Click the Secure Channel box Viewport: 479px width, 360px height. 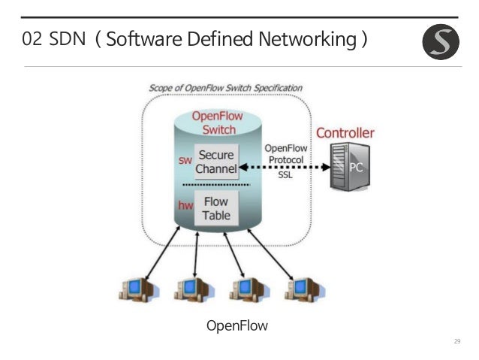pyautogui.click(x=215, y=162)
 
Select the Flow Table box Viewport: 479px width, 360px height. pyautogui.click(x=216, y=208)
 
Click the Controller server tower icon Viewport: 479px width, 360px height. pyautogui.click(x=348, y=167)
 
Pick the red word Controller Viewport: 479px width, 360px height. pyautogui.click(x=345, y=133)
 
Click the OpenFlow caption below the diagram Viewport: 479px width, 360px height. pyautogui.click(x=236, y=325)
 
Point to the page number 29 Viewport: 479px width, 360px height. pyautogui.click(x=457, y=343)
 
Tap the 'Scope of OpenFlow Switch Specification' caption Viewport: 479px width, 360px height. pyautogui.click(x=225, y=87)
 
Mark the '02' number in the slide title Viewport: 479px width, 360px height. pyautogui.click(x=32, y=39)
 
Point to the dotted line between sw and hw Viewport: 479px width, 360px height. pyautogui.click(x=217, y=184)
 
